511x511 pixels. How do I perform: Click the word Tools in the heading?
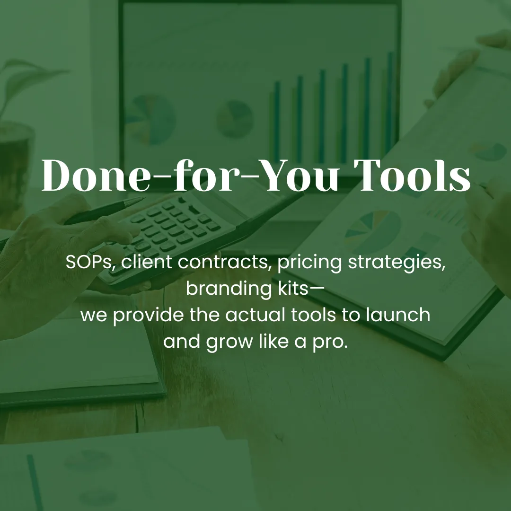412,176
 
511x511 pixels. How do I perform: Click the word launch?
398,315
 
